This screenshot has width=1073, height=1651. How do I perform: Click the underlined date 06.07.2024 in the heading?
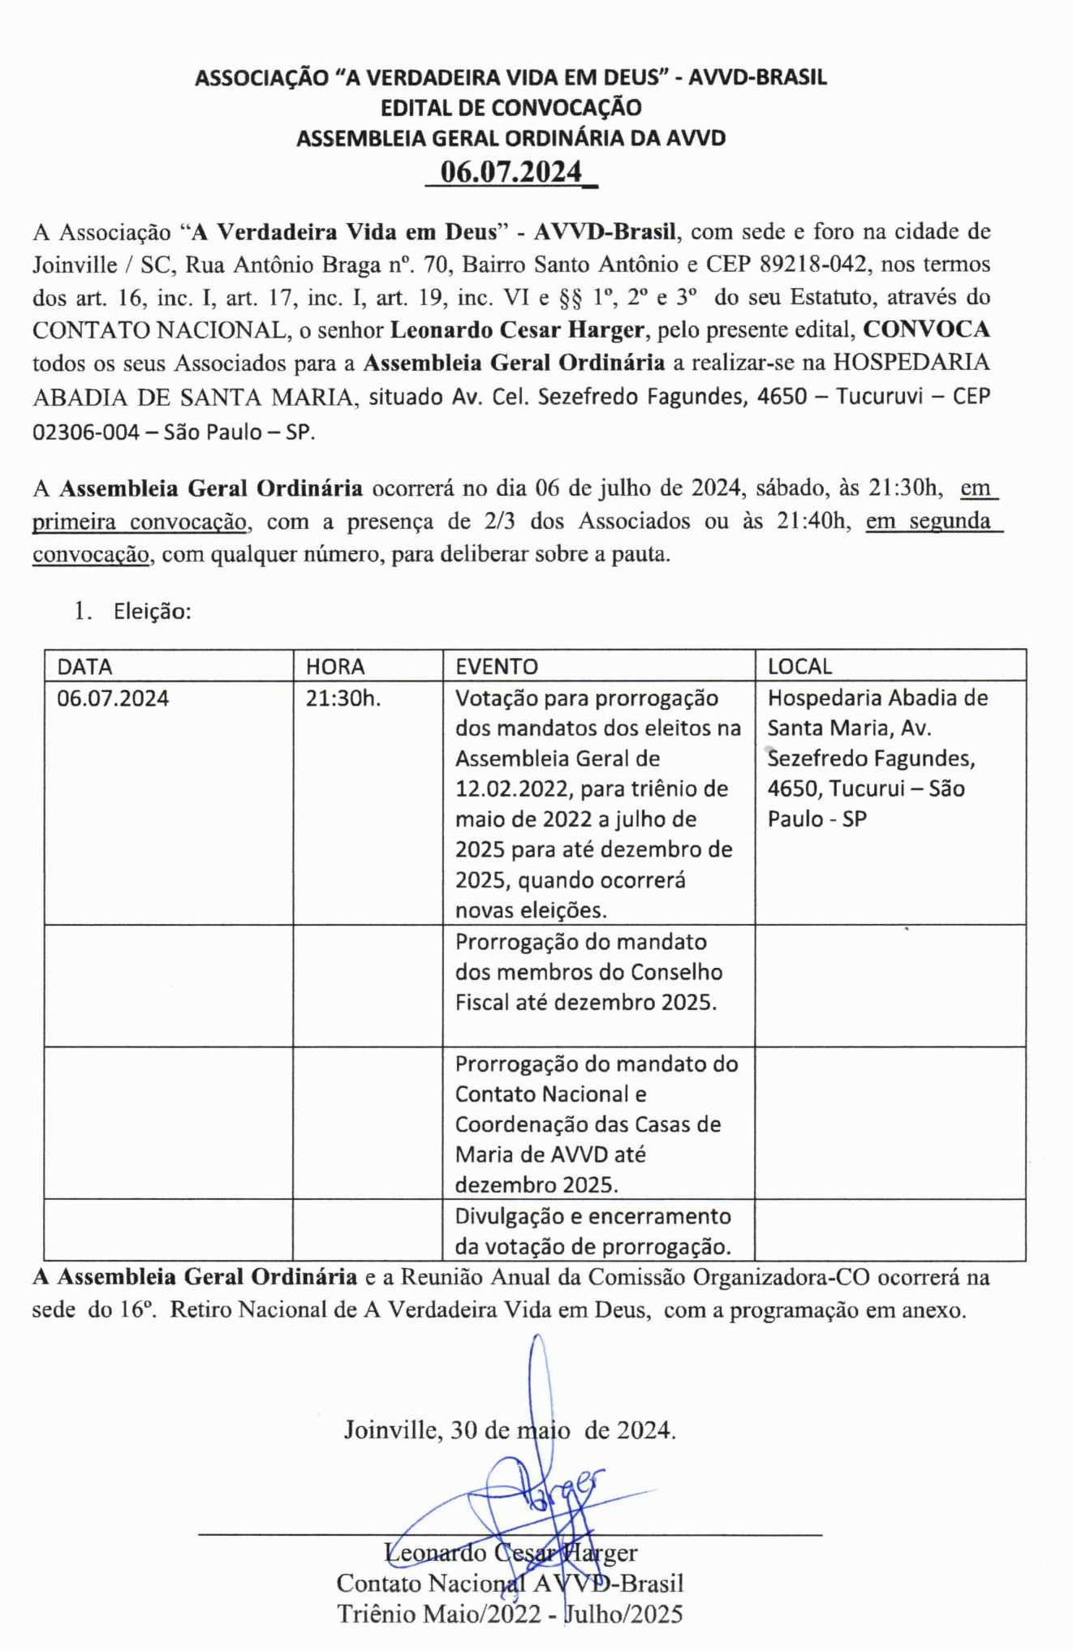tap(511, 172)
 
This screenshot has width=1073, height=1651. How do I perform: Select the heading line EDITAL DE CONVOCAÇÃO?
tap(511, 107)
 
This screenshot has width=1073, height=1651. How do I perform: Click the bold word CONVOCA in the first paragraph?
tap(926, 329)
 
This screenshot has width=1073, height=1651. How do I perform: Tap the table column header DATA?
tap(84, 666)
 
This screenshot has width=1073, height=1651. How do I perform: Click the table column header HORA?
tap(334, 666)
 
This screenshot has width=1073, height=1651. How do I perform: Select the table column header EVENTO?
tap(496, 666)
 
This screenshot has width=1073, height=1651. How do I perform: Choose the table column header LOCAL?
tap(799, 666)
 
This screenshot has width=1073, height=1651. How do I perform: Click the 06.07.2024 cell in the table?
tap(113, 698)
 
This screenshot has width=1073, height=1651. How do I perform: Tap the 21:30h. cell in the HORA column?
tap(343, 698)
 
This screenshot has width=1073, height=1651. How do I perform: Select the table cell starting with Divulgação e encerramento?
tap(593, 1231)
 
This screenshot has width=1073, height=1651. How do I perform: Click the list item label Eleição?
tap(153, 611)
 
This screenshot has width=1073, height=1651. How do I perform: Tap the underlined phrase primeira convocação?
tap(139, 522)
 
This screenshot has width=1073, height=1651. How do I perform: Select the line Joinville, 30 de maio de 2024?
tap(510, 1429)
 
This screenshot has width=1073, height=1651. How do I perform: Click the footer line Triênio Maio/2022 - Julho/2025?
tap(510, 1614)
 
